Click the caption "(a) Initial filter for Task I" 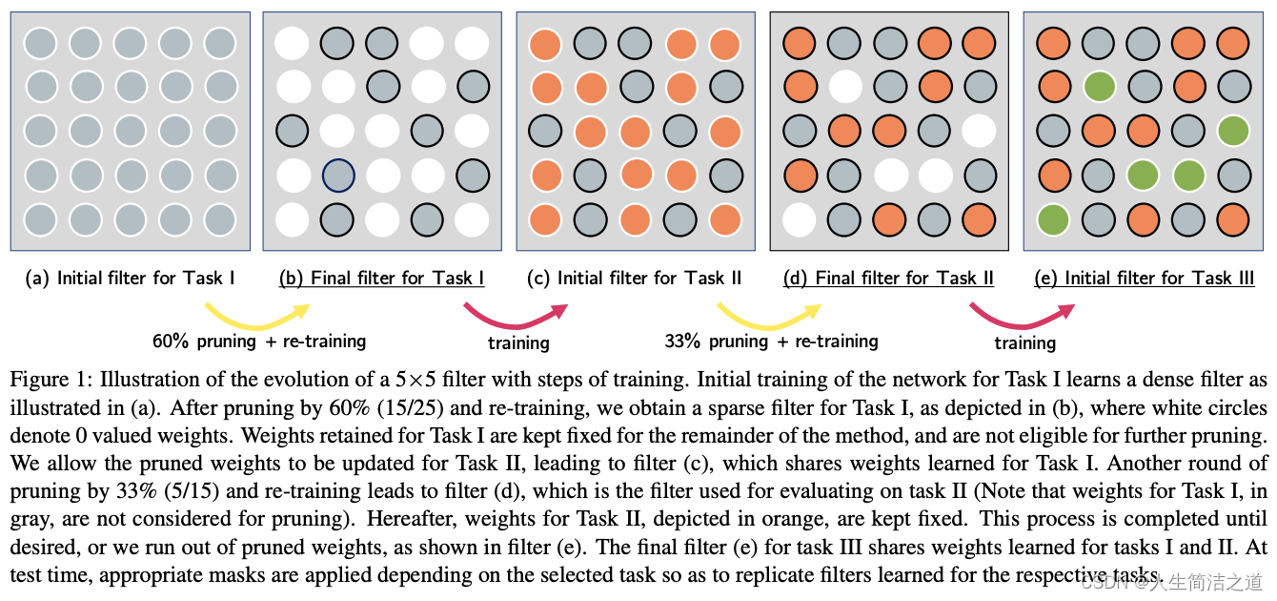click(130, 279)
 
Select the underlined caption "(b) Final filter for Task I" click(381, 279)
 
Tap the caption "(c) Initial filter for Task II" click(634, 279)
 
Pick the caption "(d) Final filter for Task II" click(888, 279)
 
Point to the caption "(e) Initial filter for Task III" click(1145, 279)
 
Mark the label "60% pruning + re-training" click(259, 341)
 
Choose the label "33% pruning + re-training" click(771, 341)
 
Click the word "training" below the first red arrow click(518, 342)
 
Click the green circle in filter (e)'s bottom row click(1053, 218)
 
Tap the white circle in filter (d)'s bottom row click(799, 218)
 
